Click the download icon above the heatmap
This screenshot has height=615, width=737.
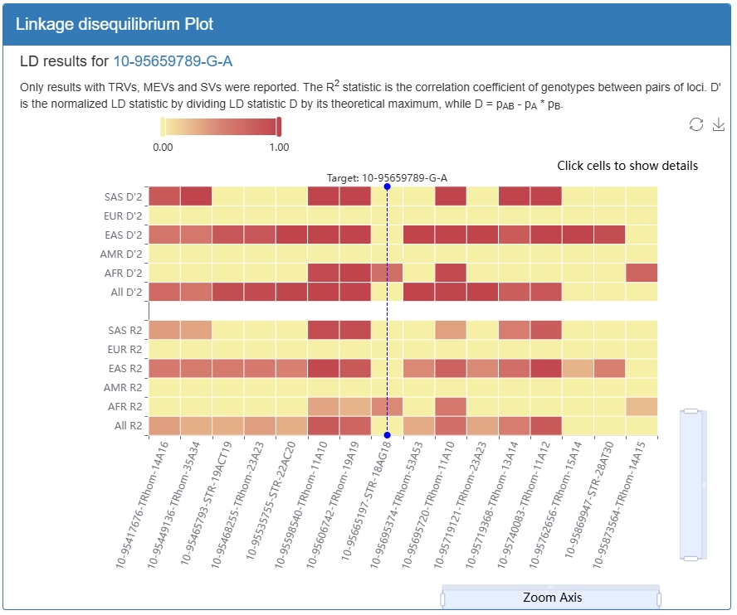[718, 124]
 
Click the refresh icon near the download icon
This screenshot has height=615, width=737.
[696, 124]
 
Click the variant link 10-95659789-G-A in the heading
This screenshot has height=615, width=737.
[173, 61]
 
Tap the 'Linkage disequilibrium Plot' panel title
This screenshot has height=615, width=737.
[115, 24]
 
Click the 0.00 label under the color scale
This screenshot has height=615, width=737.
[163, 148]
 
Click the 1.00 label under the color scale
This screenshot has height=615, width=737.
[279, 148]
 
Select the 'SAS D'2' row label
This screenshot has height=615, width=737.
[123, 196]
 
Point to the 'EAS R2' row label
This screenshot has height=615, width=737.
[125, 369]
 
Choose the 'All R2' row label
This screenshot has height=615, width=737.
[129, 426]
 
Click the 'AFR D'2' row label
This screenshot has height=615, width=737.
[123, 274]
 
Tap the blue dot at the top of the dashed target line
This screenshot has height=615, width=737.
[388, 186]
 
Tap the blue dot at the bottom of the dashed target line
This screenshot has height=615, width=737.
[388, 435]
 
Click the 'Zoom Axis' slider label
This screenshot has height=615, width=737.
[552, 598]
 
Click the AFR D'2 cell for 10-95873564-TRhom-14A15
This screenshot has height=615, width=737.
[642, 274]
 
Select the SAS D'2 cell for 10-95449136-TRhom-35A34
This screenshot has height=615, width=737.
[196, 196]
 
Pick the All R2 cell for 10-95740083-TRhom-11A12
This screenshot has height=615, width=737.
[546, 426]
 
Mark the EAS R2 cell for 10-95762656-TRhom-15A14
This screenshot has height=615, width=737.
[578, 369]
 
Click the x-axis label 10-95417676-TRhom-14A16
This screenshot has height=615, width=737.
[141, 505]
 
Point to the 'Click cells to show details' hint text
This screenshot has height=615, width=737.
[627, 166]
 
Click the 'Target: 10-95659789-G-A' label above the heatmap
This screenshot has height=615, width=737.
[388, 178]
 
